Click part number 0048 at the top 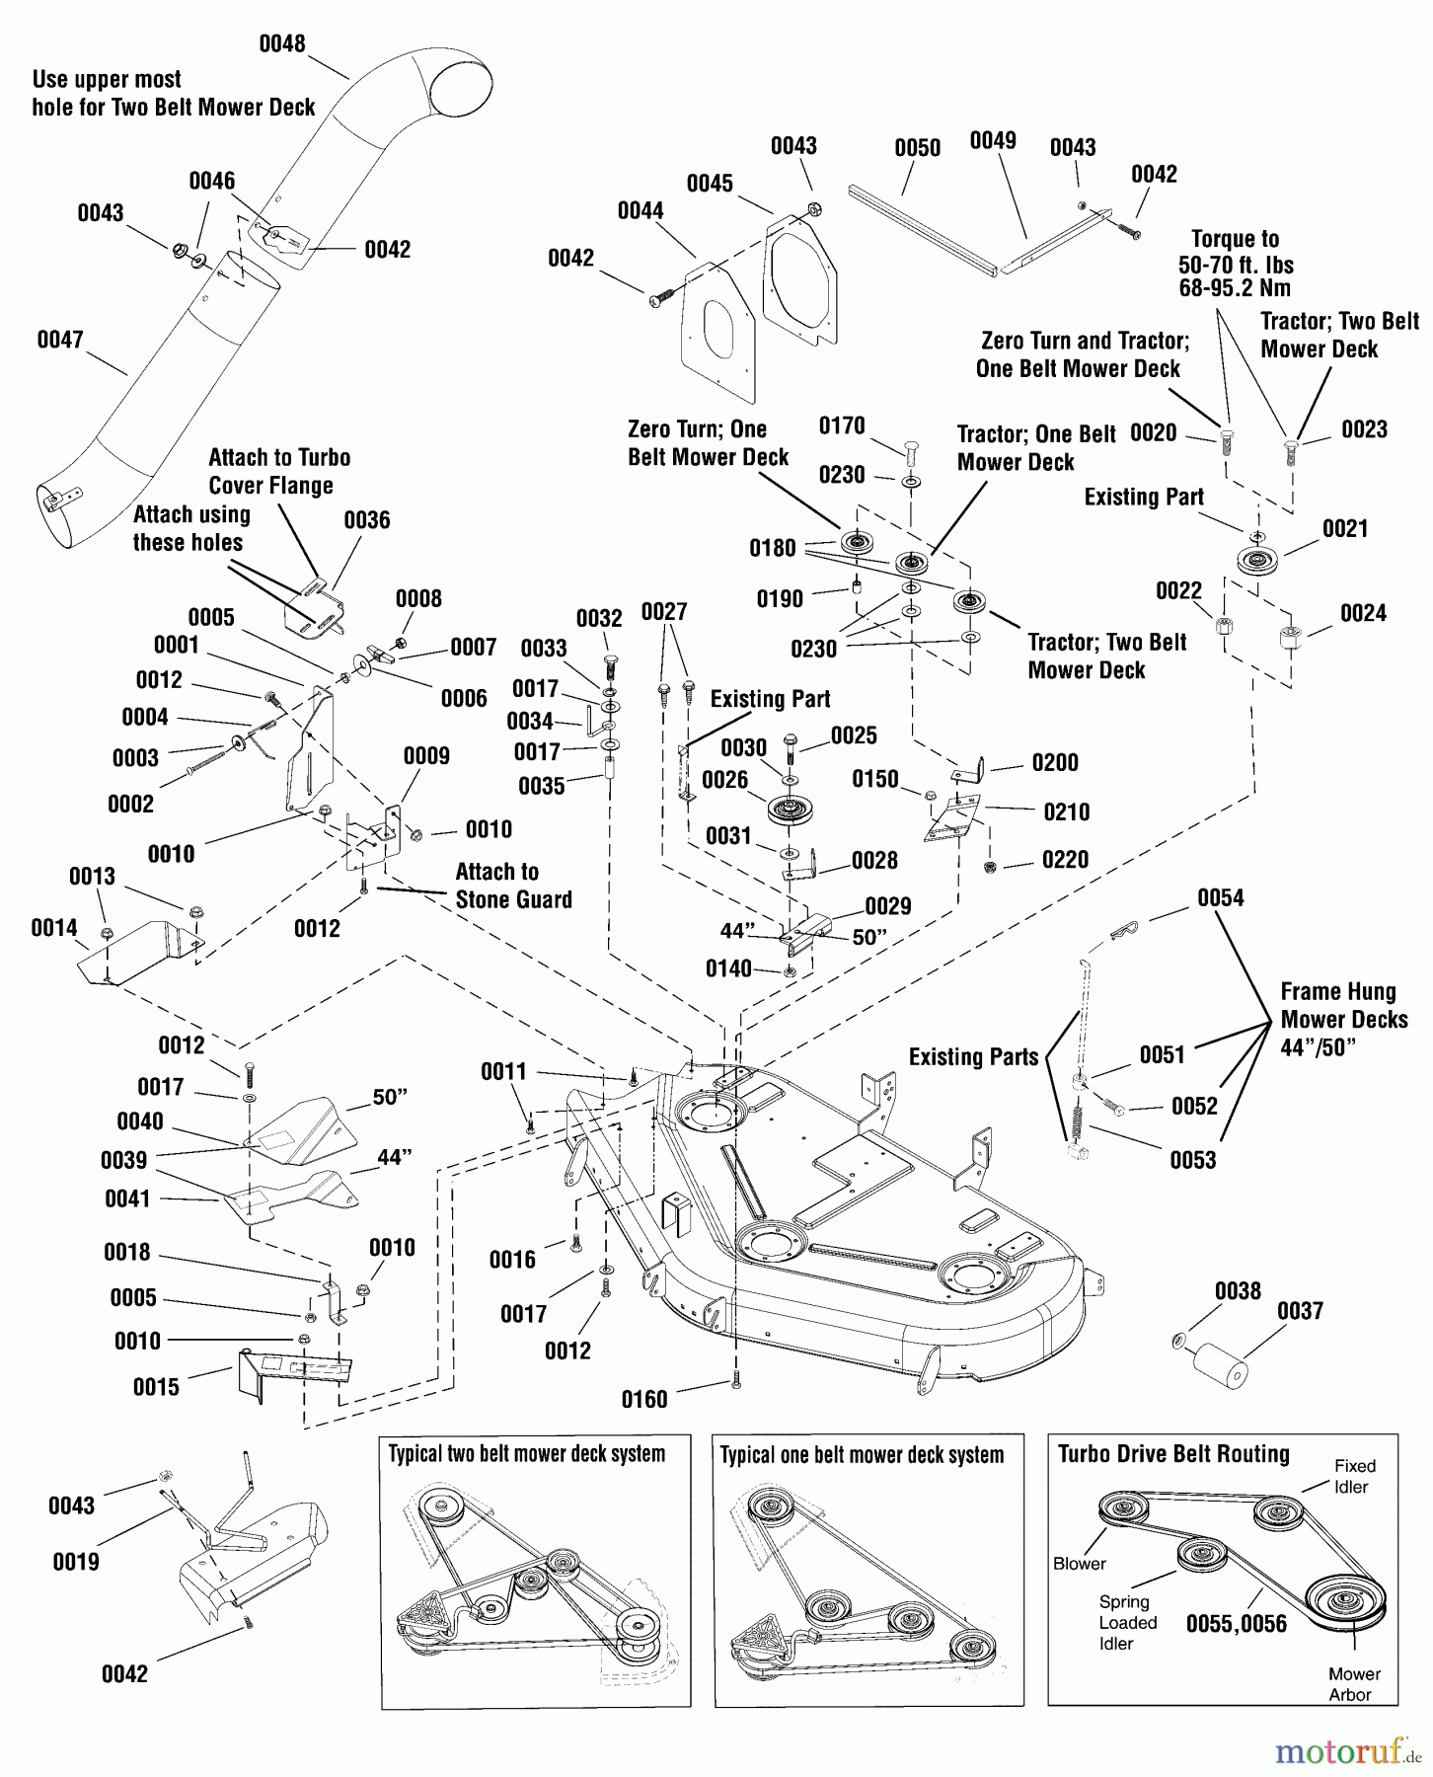pyautogui.click(x=282, y=44)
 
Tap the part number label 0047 pyautogui.click(x=60, y=341)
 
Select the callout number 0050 pyautogui.click(x=917, y=149)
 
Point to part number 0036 pyautogui.click(x=367, y=520)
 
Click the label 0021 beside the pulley pyautogui.click(x=1345, y=529)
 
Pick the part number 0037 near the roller pyautogui.click(x=1300, y=1312)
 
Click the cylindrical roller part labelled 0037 pyautogui.click(x=1220, y=1365)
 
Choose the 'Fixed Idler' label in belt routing pyautogui.click(x=1354, y=1477)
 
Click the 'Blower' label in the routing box pyautogui.click(x=1079, y=1564)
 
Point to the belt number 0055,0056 pyautogui.click(x=1236, y=1625)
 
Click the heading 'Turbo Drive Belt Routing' pyautogui.click(x=1173, y=1455)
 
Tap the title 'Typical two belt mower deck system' pyautogui.click(x=526, y=1455)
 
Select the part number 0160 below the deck pyautogui.click(x=644, y=1400)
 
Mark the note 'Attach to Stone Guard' pyautogui.click(x=513, y=886)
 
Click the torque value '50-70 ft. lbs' pyautogui.click(x=1236, y=266)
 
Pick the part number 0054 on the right pyautogui.click(x=1221, y=898)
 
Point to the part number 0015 pyautogui.click(x=156, y=1388)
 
